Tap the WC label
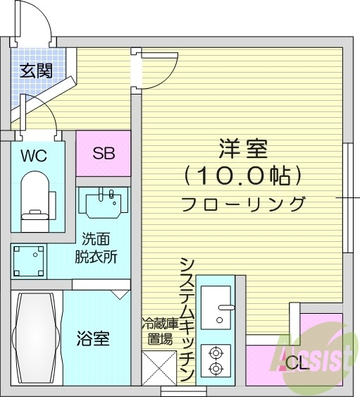click(x=33, y=155)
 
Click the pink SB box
click(x=104, y=153)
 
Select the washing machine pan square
click(x=29, y=260)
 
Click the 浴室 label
click(x=92, y=338)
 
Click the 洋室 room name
click(x=243, y=149)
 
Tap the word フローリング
click(x=243, y=204)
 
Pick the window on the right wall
click(x=347, y=197)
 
